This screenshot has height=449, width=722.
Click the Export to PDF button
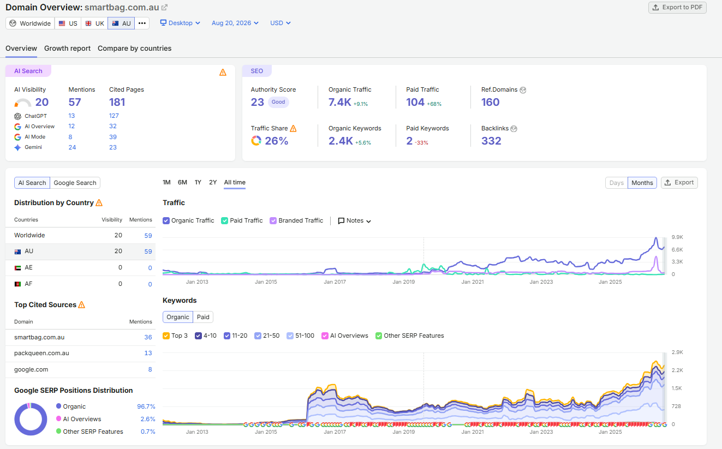point(677,8)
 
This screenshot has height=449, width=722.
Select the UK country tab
point(94,23)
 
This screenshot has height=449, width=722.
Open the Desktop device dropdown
point(180,23)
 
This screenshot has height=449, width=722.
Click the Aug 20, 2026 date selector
point(235,23)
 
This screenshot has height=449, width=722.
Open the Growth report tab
point(67,49)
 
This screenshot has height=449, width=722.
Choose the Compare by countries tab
point(134,49)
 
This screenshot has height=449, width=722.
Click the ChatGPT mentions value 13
point(71,116)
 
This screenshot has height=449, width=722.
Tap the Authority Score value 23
point(257,102)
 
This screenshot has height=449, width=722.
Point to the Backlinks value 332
point(491,141)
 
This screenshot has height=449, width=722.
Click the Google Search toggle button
point(75,183)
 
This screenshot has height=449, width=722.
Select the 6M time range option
point(182,182)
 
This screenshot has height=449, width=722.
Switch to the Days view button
point(616,183)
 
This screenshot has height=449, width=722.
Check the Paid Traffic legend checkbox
point(225,221)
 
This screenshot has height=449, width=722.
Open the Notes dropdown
point(355,221)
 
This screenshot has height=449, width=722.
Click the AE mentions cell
point(150,268)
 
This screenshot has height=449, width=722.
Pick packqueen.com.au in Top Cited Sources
point(41,354)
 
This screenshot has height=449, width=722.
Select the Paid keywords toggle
point(203,317)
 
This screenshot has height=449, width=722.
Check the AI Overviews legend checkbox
point(325,336)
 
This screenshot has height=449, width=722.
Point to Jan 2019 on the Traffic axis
point(403,282)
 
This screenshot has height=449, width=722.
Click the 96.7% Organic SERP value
point(146,406)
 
